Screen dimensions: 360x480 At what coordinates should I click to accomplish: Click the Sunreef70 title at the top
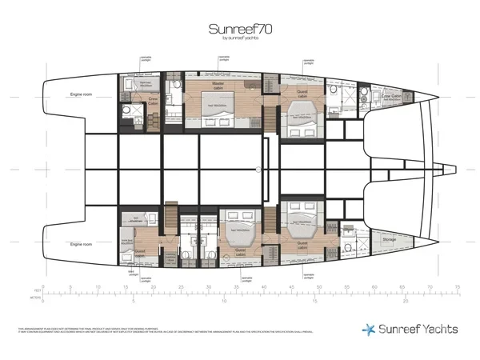(x=239, y=29)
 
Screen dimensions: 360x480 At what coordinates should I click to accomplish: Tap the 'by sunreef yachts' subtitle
(x=239, y=40)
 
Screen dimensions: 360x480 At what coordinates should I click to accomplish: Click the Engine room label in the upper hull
(x=82, y=94)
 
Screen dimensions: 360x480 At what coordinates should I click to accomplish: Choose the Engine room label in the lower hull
(x=82, y=243)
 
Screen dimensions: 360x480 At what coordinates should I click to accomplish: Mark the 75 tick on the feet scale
(x=457, y=286)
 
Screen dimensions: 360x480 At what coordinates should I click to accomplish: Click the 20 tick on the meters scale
(x=406, y=302)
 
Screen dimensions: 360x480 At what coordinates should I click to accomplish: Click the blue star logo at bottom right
(x=367, y=328)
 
